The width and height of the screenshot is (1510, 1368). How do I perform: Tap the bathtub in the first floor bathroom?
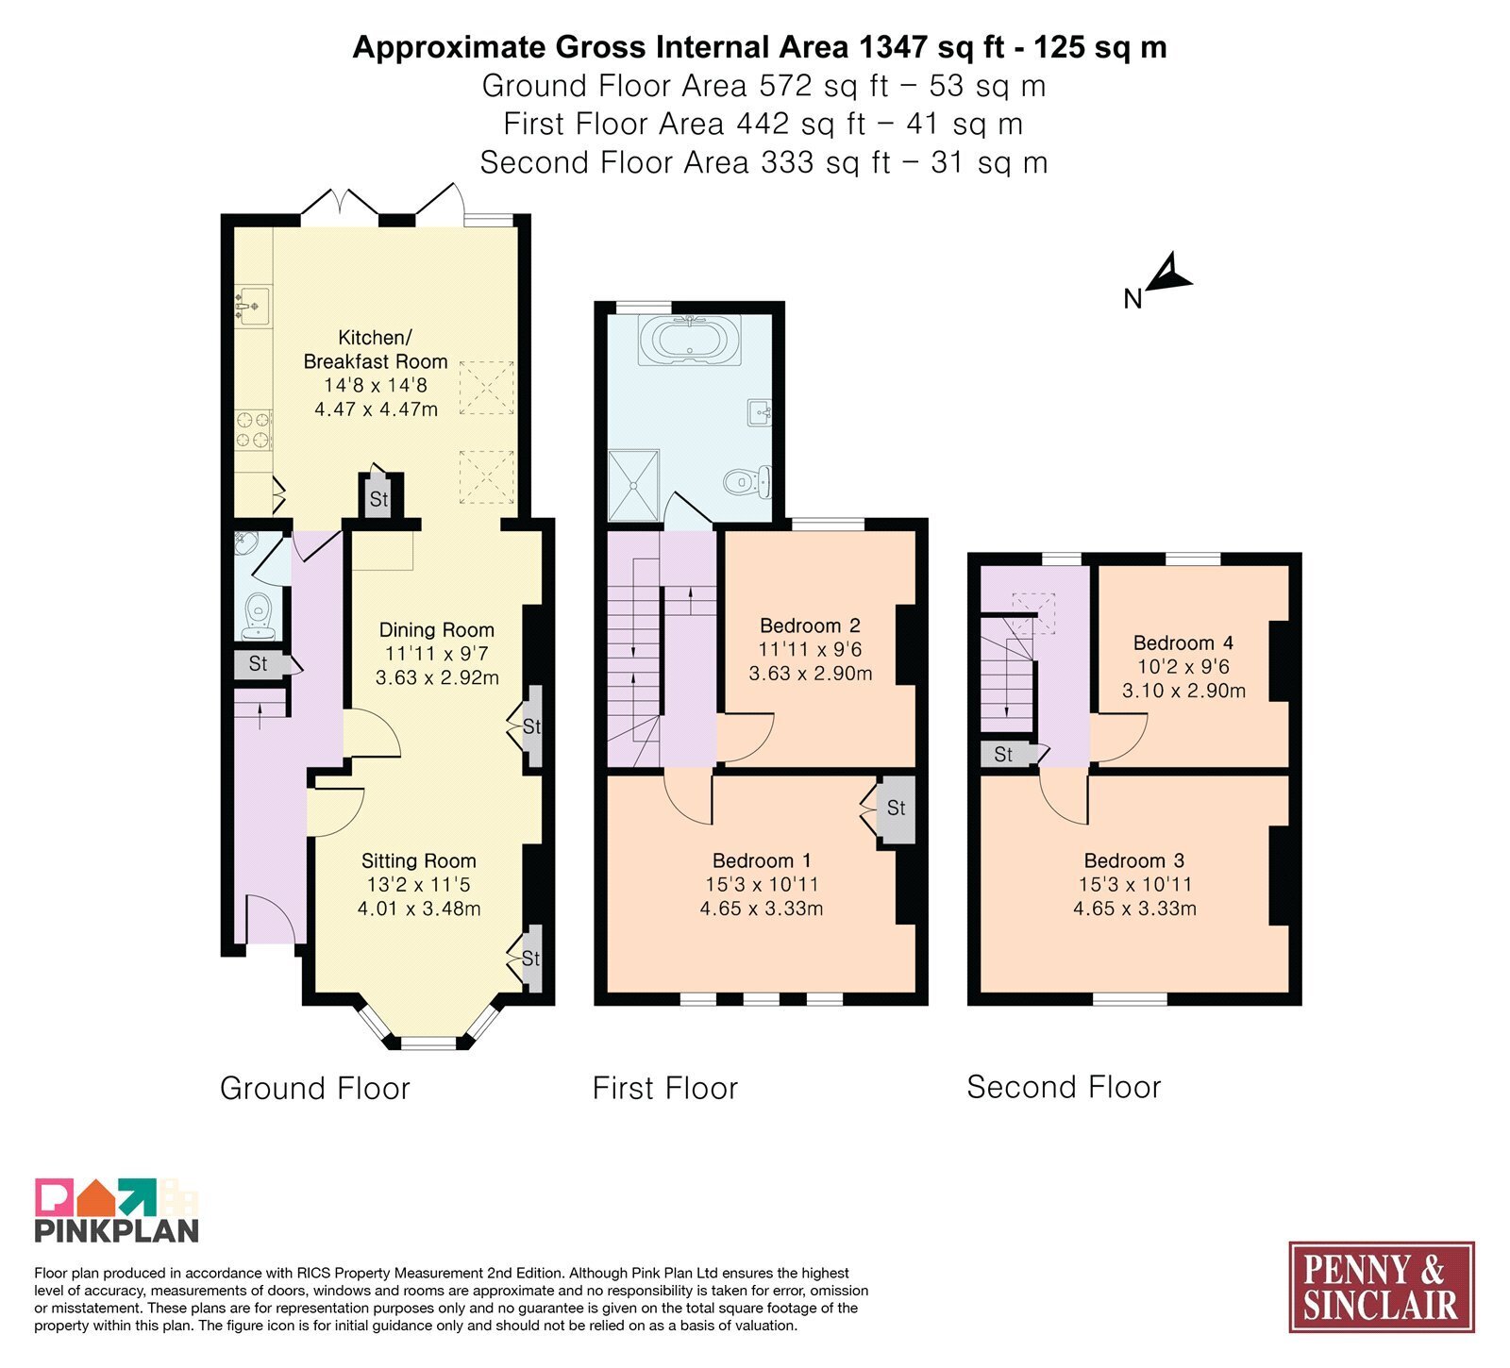tap(690, 340)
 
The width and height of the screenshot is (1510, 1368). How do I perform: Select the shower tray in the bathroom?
tap(634, 485)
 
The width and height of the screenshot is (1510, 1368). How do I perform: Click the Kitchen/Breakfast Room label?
tap(376, 349)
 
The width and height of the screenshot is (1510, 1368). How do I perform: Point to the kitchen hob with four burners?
tap(253, 429)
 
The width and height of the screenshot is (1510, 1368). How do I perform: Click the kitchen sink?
tap(251, 306)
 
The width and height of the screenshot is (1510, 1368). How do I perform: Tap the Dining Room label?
tap(437, 630)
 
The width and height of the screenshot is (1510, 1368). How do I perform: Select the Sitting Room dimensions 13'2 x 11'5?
tap(419, 885)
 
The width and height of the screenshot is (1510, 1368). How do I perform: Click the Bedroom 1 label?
tap(762, 860)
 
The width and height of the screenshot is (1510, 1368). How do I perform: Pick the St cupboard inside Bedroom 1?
tap(896, 809)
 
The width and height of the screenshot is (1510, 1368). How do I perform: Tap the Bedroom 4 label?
tap(1183, 643)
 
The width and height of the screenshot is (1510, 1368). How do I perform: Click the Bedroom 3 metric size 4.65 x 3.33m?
tap(1135, 909)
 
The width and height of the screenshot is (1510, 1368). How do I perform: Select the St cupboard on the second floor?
tap(1003, 755)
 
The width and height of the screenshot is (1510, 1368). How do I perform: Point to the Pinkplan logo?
tap(117, 1210)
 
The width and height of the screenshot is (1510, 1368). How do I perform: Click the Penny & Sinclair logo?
tap(1382, 1287)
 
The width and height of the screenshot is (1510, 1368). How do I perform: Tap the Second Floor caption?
tap(1064, 1087)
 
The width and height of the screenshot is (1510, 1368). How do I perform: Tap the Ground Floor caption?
tap(315, 1088)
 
